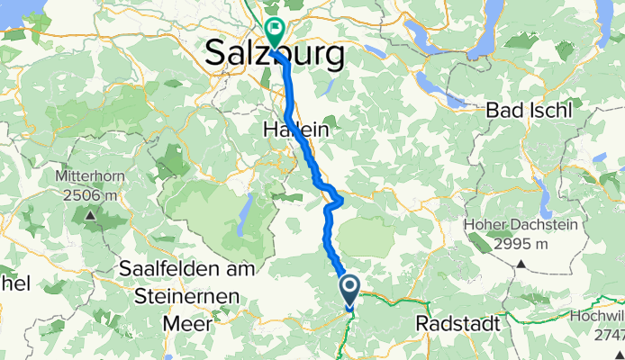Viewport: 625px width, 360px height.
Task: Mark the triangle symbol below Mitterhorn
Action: point(90,215)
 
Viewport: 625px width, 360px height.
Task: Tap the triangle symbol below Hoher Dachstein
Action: point(521,264)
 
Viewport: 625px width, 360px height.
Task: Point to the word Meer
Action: point(190,321)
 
